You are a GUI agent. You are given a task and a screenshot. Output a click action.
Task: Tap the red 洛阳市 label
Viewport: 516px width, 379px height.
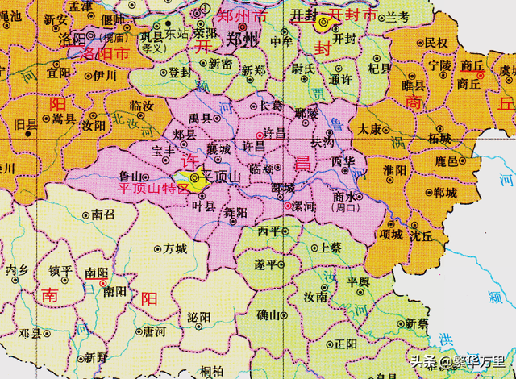(x=102, y=53)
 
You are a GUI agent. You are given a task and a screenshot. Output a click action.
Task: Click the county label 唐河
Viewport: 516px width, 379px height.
(x=156, y=331)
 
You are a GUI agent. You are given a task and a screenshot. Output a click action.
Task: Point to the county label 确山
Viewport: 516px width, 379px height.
(x=268, y=315)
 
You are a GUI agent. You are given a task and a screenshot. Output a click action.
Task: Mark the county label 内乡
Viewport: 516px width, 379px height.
(x=17, y=271)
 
